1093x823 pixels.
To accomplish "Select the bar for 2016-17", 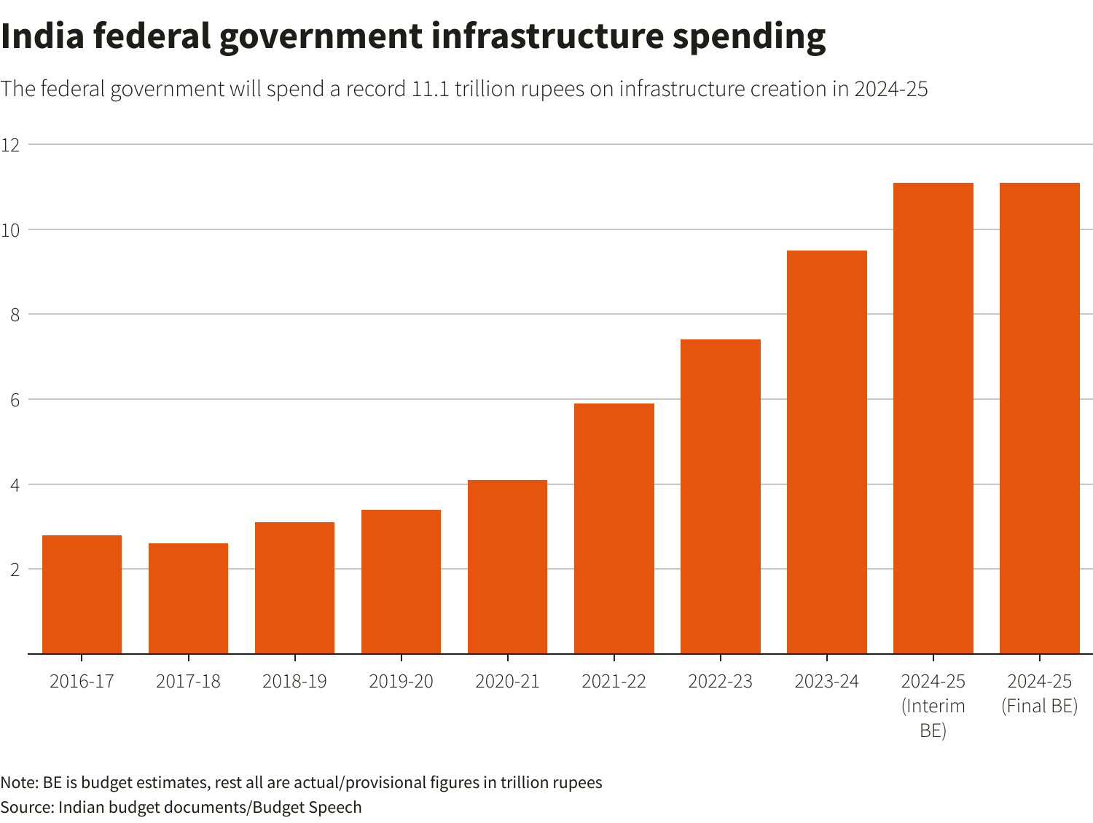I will click(x=82, y=594).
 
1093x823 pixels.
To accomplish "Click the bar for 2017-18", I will click(x=188, y=599).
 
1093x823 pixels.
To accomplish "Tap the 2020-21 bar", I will click(x=507, y=567).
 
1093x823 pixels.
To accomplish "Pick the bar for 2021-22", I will click(x=614, y=529).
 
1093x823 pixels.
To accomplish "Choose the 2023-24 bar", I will click(x=826, y=452).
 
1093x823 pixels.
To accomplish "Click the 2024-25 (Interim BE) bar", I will click(x=933, y=418).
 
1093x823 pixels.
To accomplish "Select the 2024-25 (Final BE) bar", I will click(x=1039, y=418).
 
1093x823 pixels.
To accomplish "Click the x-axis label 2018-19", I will click(x=294, y=682).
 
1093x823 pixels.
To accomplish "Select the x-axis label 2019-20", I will click(x=401, y=682).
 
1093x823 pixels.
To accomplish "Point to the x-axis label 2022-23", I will click(x=720, y=682).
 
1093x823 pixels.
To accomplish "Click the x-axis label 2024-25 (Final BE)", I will click(x=1039, y=693).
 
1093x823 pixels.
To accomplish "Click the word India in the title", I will click(x=42, y=36).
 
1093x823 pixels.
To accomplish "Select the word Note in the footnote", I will click(x=18, y=783).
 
